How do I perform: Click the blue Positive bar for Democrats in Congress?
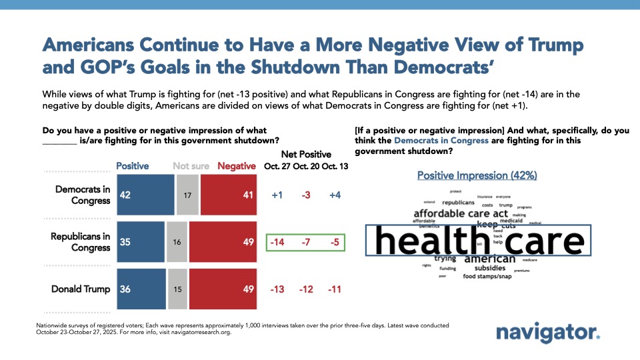pos(145,195)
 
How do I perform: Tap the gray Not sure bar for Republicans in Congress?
pos(177,242)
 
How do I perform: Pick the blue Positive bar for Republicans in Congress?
pos(141,242)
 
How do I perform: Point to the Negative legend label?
pos(237,166)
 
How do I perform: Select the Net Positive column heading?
pos(305,154)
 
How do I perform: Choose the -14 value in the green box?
pos(277,242)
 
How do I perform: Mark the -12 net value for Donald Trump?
pos(306,289)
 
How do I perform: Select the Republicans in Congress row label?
pos(83,242)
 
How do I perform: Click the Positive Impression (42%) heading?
pos(477,175)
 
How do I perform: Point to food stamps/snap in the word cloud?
pos(487,276)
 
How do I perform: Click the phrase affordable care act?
pos(461,214)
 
